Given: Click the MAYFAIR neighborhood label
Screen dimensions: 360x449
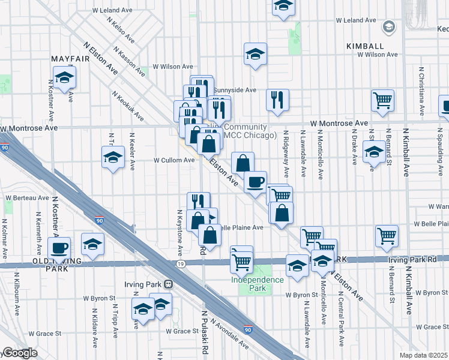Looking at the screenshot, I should tap(66, 58).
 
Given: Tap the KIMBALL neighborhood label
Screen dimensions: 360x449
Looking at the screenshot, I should tap(364, 46).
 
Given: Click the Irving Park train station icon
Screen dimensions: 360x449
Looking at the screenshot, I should tap(169, 284).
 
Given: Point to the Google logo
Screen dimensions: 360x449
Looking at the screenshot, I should tap(19, 353).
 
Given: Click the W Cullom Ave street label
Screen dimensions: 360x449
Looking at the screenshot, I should tap(174, 160).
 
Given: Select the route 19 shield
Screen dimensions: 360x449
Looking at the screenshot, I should tap(180, 263).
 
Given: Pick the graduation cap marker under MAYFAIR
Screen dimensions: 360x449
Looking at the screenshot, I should tap(64, 77).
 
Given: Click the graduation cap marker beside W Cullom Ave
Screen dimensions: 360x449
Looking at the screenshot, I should tap(112, 158).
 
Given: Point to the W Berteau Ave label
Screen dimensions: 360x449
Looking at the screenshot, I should tap(28, 197).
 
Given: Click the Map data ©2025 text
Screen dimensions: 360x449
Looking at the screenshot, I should tap(423, 355).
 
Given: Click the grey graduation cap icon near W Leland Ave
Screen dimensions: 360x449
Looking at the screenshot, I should tap(388, 26).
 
